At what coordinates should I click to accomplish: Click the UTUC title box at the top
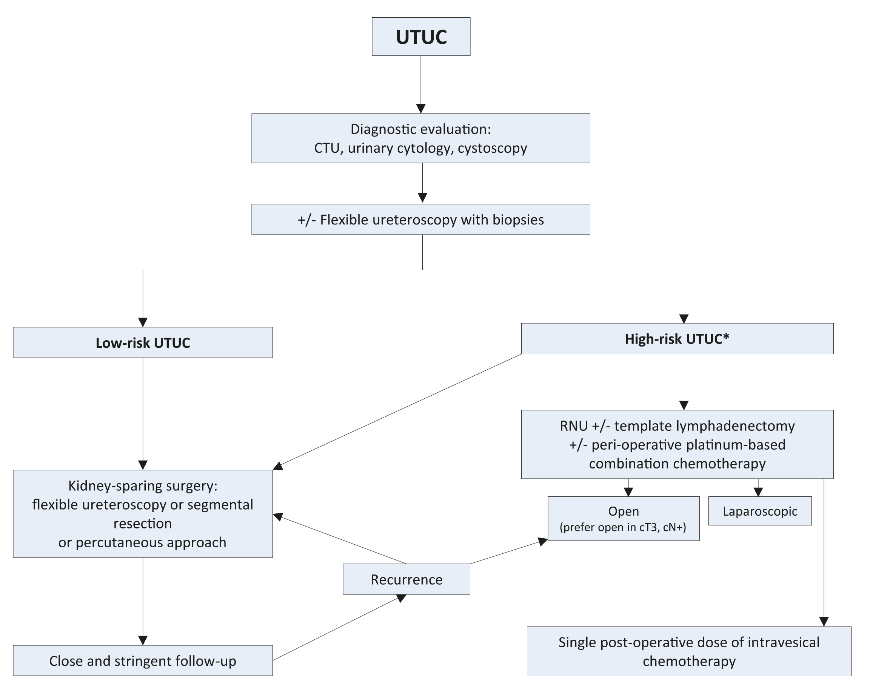point(421,37)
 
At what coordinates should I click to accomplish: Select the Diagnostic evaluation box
point(421,138)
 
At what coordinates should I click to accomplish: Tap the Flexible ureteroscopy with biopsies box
point(421,220)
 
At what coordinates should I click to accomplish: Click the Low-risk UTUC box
point(143,342)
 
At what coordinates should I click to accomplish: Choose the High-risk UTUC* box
point(677,339)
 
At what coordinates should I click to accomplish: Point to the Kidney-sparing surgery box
point(143,514)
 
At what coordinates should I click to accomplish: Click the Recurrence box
point(406,579)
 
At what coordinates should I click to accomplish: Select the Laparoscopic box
point(759,511)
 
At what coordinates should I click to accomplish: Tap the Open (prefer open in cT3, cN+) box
point(624,518)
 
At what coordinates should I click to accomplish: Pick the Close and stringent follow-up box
point(143,660)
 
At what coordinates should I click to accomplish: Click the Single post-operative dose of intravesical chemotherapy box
point(689,651)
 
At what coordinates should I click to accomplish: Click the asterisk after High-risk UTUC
point(726,337)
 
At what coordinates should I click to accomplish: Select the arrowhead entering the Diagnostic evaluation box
point(421,109)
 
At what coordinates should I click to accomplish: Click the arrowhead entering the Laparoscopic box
point(758,492)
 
